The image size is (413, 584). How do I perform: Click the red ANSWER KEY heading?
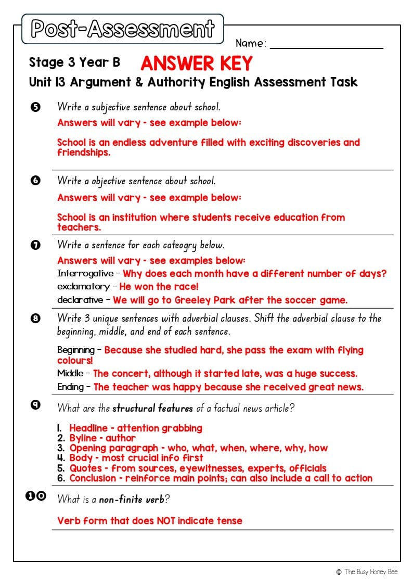pyautogui.click(x=196, y=63)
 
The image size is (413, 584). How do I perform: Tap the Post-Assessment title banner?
pyautogui.click(x=122, y=29)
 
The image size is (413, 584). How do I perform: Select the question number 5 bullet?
pyautogui.click(x=35, y=107)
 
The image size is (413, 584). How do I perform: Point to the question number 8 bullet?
pyautogui.click(x=35, y=319)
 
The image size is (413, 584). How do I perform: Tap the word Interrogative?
pyautogui.click(x=85, y=274)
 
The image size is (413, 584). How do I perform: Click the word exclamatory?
pyautogui.click(x=83, y=287)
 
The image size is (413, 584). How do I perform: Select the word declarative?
pyautogui.click(x=80, y=300)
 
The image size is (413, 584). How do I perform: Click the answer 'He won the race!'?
pyautogui.click(x=159, y=287)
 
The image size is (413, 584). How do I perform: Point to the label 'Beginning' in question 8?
pyautogui.click(x=76, y=350)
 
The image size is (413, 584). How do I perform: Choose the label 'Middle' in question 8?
pyautogui.click(x=70, y=373)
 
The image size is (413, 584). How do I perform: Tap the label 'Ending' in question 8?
pyautogui.click(x=70, y=387)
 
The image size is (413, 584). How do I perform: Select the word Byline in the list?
pyautogui.click(x=83, y=438)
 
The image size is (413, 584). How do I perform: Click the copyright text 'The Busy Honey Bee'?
pyautogui.click(x=371, y=572)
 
